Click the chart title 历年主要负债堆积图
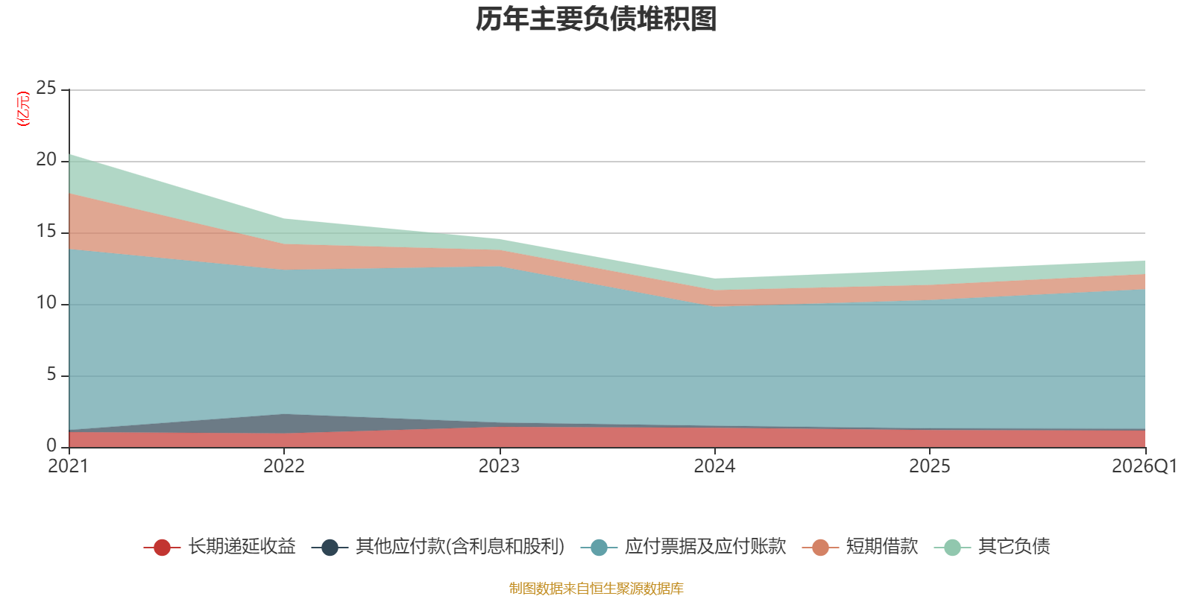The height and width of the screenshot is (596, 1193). (596, 19)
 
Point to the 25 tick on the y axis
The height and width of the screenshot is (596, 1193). (46, 89)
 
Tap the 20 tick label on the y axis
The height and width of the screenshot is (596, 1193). (46, 159)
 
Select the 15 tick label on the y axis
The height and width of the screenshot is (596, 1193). (46, 232)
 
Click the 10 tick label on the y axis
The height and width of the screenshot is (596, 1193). (46, 302)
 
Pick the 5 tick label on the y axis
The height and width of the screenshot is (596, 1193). (51, 375)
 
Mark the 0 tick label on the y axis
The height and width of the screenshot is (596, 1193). (51, 446)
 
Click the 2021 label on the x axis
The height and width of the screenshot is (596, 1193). (68, 466)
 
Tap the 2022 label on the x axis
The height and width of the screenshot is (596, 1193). (284, 466)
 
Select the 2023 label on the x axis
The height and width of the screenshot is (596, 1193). (499, 466)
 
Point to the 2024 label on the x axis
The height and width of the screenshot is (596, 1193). (714, 466)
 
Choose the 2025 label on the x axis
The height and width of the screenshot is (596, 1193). (929, 466)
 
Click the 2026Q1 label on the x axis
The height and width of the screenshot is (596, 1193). (1145, 466)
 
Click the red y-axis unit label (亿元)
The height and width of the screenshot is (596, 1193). (23, 109)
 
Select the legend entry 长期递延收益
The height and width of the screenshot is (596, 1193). (219, 547)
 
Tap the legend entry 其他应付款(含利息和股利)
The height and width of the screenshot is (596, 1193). (438, 547)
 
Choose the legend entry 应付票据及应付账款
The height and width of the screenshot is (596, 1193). (683, 547)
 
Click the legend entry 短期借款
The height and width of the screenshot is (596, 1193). (860, 547)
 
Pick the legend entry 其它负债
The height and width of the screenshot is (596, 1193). (992, 547)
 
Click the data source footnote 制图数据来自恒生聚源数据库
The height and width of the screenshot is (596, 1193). (596, 588)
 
